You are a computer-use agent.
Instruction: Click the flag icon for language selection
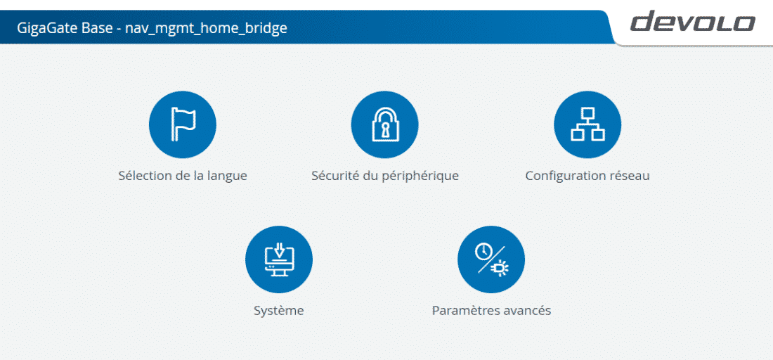tap(183, 124)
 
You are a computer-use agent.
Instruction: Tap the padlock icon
tap(384, 124)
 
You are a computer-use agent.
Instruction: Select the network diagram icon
tap(587, 124)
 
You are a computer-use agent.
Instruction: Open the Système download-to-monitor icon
tap(279, 259)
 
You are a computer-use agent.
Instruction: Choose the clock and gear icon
tap(491, 259)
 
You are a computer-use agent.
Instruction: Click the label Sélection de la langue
tap(183, 176)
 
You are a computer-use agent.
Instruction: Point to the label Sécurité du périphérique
tap(385, 176)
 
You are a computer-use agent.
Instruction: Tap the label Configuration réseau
tap(587, 176)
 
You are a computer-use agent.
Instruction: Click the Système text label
tap(278, 311)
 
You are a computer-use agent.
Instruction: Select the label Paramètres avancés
tap(491, 311)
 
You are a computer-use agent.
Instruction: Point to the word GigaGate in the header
tap(47, 28)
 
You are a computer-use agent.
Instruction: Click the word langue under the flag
tap(227, 176)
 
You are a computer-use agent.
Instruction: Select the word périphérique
tap(421, 176)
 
